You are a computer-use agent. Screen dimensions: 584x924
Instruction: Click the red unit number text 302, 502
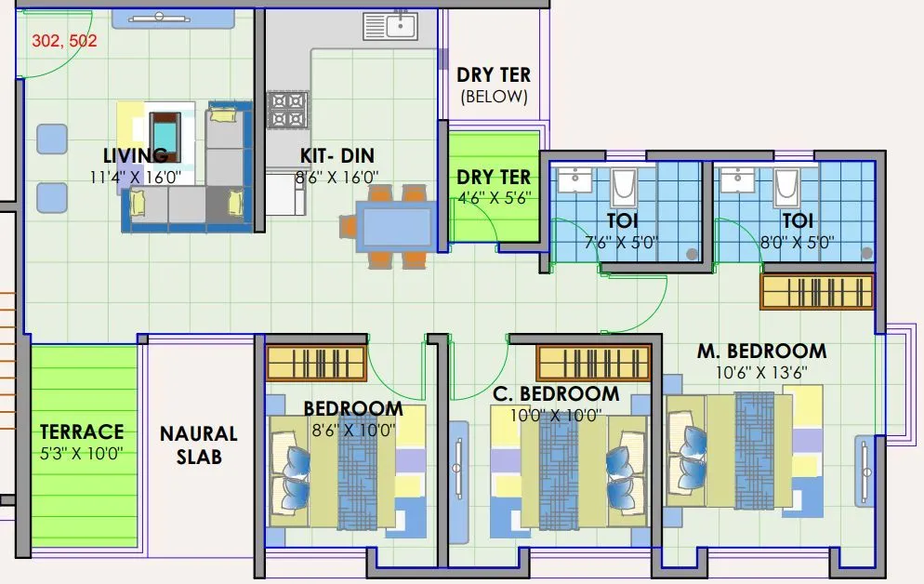coord(64,41)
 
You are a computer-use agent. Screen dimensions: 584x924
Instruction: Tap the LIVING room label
coord(136,155)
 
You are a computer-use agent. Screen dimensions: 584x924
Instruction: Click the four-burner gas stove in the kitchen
coord(287,110)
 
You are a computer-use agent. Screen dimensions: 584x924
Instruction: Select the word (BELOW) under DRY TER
coord(494,97)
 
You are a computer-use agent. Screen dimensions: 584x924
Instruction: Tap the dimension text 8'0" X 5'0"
coord(797,243)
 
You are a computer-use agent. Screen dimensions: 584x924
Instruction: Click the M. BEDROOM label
coord(761,352)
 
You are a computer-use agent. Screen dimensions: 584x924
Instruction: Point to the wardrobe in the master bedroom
coord(818,291)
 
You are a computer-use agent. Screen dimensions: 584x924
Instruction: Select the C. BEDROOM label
coord(556,394)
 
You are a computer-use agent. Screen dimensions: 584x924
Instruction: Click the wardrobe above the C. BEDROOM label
coord(592,363)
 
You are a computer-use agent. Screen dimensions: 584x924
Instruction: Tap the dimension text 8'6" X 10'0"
coord(352,430)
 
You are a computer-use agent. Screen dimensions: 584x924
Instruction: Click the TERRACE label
coord(82,431)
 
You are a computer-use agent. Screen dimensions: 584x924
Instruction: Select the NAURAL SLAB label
coord(198,445)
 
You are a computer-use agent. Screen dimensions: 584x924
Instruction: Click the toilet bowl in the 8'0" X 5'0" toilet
coord(787,188)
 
